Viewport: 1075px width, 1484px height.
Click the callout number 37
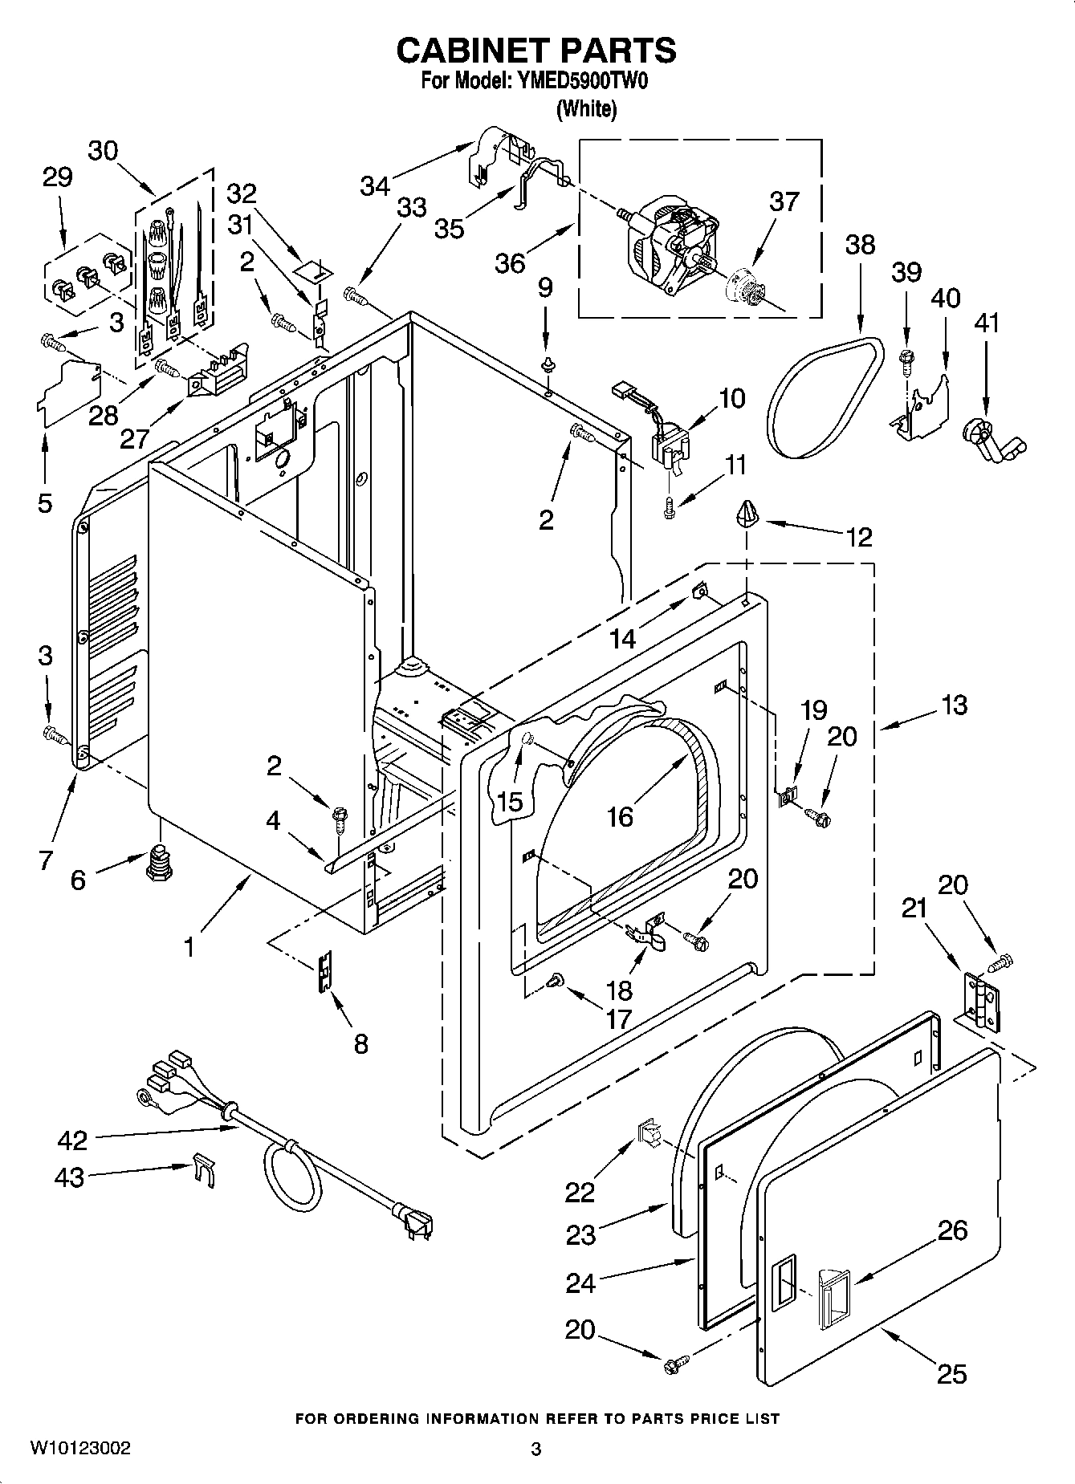click(784, 201)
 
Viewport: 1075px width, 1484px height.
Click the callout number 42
click(72, 1140)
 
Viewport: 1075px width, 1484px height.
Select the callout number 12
click(858, 537)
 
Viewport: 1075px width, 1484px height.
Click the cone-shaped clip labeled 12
click(747, 511)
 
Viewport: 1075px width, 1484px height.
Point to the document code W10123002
click(80, 1448)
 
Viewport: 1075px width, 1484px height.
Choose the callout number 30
click(103, 150)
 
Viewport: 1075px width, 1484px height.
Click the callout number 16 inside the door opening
click(620, 816)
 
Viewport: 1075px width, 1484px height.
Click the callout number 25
click(951, 1374)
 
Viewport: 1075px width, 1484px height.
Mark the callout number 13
click(954, 705)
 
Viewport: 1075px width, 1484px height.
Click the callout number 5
click(45, 503)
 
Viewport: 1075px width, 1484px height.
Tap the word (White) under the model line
click(586, 109)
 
